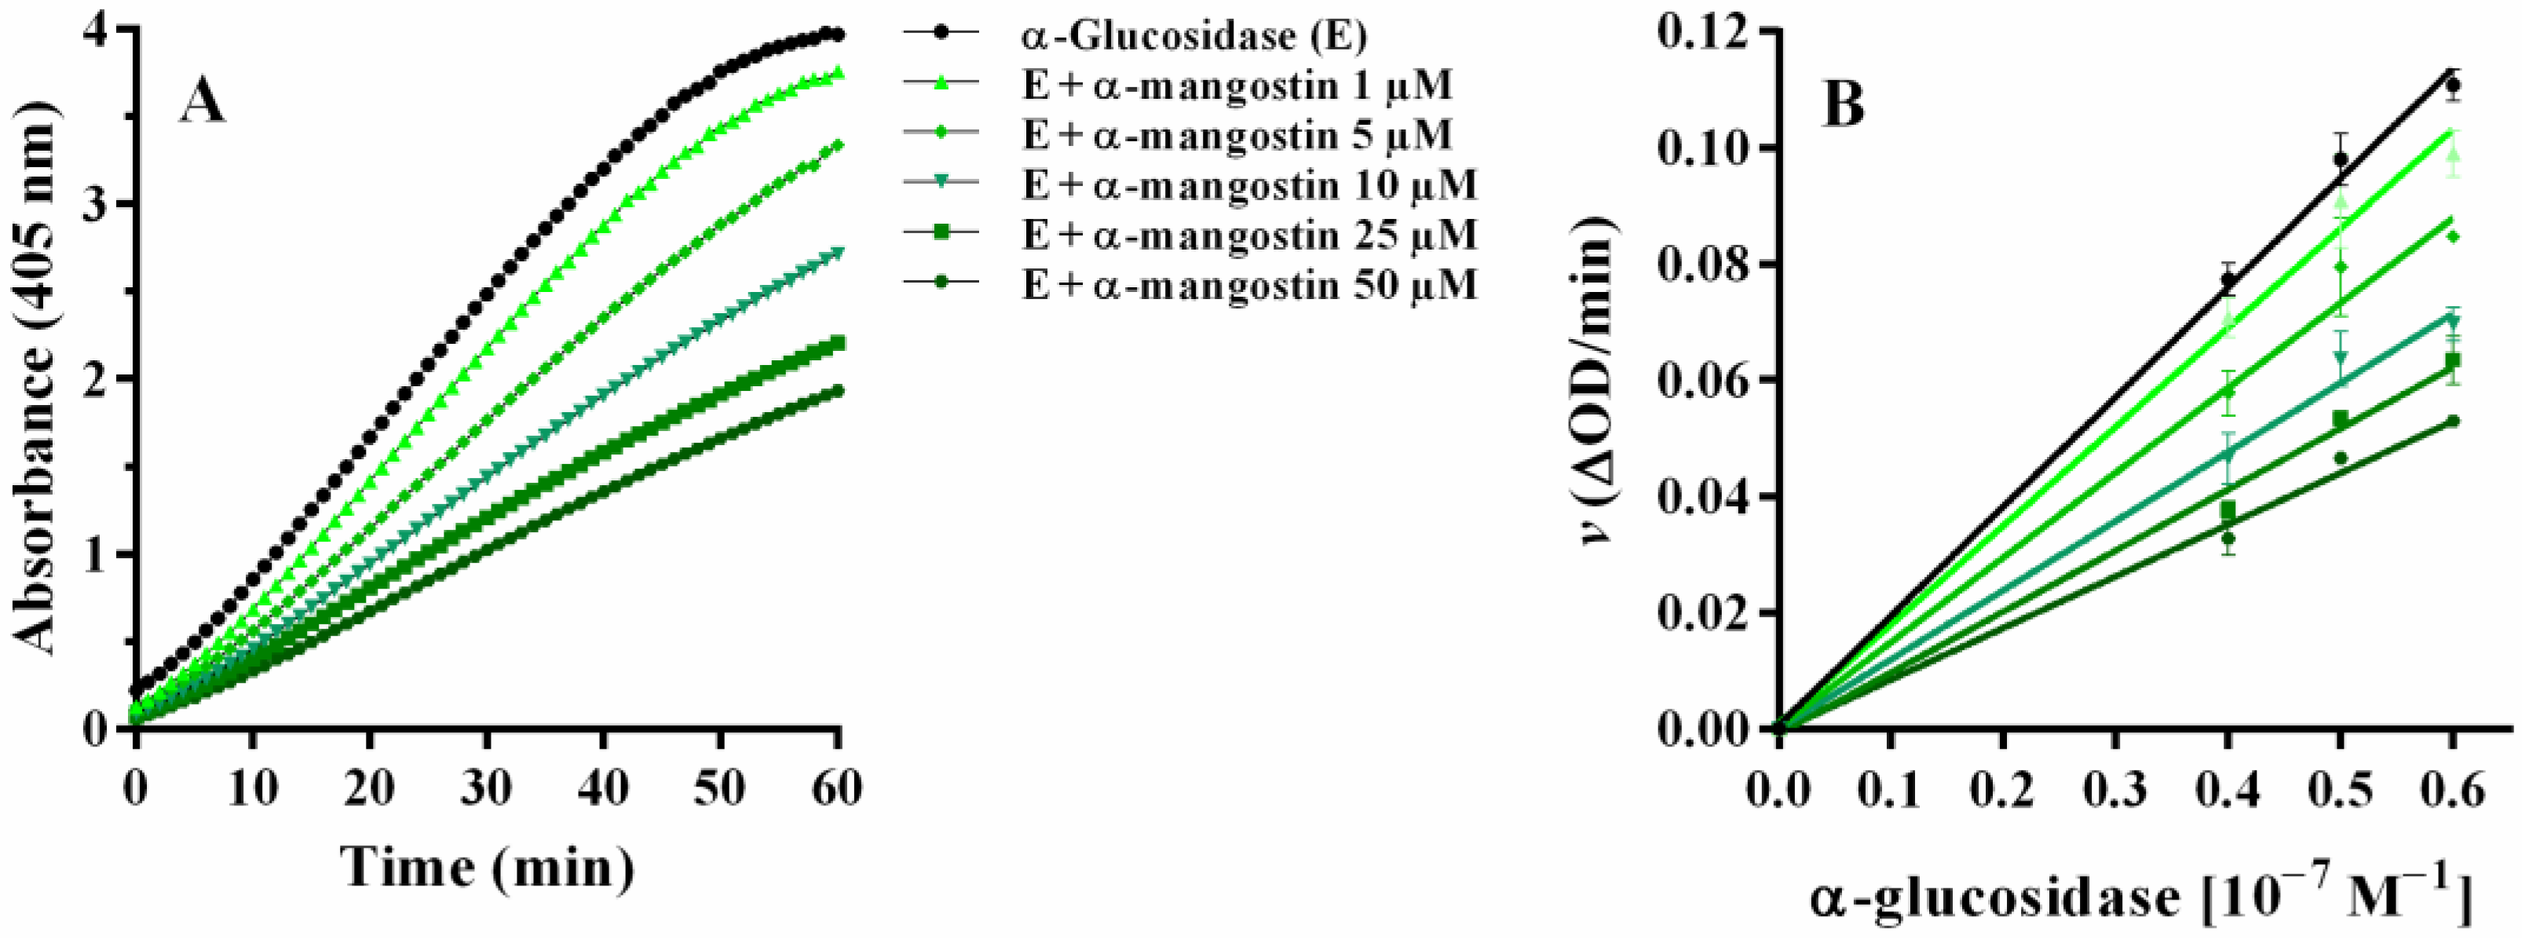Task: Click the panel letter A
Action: point(202,103)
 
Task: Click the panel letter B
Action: point(1843,107)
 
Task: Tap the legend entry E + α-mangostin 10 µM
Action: point(1249,185)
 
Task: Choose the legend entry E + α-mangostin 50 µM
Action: point(1249,286)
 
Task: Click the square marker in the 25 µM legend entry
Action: point(941,235)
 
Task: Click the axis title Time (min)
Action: point(487,867)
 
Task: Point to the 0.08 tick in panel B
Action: point(1701,265)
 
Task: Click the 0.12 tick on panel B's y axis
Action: point(1701,31)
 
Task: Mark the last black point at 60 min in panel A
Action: point(837,35)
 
